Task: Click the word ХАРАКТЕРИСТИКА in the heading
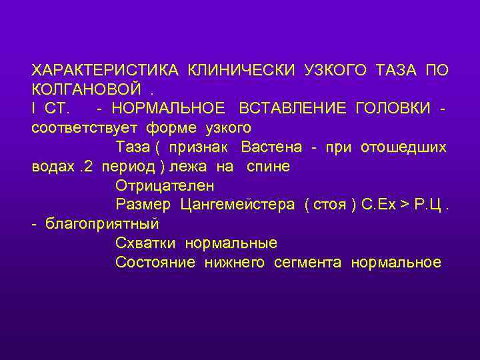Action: [105, 70]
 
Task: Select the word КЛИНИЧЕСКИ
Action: [243, 70]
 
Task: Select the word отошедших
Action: [403, 147]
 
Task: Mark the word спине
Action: [268, 166]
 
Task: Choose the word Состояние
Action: [155, 262]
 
